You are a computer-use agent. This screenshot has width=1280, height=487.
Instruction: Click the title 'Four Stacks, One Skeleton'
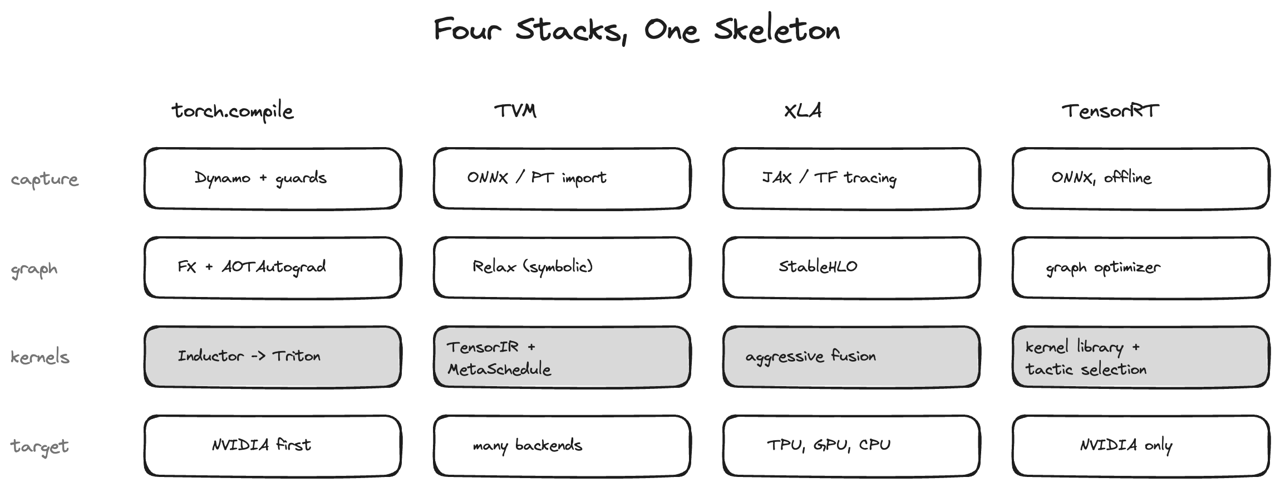[637, 30]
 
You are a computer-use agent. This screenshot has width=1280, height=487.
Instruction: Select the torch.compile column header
[233, 111]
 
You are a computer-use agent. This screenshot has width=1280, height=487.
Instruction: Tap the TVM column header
[515, 110]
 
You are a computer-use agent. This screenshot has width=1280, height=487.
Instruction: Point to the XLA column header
[803, 110]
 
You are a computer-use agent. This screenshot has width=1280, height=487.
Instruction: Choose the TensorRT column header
[1110, 110]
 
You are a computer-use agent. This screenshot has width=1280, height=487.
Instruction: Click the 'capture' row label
[45, 179]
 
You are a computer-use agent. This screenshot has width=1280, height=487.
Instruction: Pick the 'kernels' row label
[40, 357]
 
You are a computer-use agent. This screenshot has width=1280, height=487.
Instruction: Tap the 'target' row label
[40, 446]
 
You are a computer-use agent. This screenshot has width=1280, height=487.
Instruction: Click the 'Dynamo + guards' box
[273, 178]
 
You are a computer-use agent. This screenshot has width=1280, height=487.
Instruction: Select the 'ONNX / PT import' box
[562, 178]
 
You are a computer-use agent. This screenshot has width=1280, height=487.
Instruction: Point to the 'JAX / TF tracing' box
[851, 178]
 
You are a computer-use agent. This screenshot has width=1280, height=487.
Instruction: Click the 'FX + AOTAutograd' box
[273, 267]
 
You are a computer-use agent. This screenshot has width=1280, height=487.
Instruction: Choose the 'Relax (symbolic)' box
[562, 267]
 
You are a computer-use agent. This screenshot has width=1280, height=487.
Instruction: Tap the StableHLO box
[851, 267]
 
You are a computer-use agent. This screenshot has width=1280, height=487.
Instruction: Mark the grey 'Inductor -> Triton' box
[273, 357]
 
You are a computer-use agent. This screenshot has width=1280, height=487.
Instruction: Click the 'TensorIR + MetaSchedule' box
[562, 357]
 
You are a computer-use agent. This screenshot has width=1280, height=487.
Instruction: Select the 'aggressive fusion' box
[851, 357]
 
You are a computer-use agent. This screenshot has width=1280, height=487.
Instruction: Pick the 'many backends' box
[562, 446]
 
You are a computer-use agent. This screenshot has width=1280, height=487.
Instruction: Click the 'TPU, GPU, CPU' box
[851, 446]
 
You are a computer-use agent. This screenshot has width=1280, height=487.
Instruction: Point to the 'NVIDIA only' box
[1141, 446]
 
